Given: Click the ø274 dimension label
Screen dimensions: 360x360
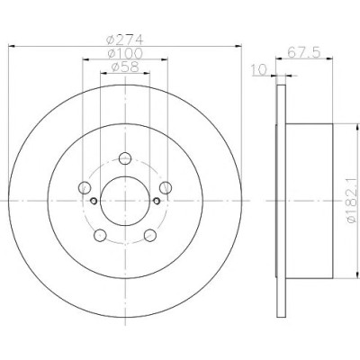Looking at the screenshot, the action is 125,40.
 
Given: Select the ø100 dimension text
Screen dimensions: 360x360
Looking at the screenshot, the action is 125,53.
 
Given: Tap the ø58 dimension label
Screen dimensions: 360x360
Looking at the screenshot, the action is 125,67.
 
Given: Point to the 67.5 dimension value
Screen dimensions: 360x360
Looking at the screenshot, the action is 304,52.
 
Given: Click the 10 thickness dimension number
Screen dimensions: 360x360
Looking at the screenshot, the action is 259,70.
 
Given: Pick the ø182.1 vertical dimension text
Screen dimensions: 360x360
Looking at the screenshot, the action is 353,200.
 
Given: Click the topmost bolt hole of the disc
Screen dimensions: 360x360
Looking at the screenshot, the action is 125,158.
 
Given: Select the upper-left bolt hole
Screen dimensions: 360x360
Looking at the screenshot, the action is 85,188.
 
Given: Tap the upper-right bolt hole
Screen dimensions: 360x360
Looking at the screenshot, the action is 166,188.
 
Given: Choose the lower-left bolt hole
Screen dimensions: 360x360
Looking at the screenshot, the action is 100,235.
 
